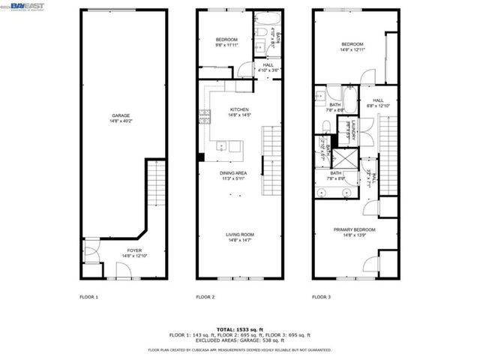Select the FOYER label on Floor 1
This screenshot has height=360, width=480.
click(133, 250)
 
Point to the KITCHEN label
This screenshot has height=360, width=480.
click(239, 110)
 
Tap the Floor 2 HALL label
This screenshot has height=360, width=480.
click(267, 66)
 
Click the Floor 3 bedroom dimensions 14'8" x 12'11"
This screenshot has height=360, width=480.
click(352, 49)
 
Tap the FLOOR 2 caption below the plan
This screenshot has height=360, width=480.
click(205, 298)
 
